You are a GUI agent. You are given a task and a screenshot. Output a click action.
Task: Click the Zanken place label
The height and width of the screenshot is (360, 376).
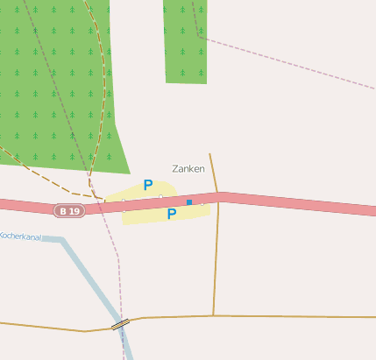[188, 168]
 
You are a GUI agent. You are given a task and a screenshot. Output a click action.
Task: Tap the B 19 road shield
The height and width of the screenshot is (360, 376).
[69, 211]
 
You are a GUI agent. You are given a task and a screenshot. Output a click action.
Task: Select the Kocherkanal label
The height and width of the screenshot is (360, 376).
[20, 236]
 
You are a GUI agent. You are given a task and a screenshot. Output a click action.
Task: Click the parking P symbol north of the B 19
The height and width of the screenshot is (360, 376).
[148, 186]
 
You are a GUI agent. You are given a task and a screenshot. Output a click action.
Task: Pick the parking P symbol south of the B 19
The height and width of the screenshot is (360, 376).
[172, 214]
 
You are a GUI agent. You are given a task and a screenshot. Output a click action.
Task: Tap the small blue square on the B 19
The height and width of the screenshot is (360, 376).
[189, 202]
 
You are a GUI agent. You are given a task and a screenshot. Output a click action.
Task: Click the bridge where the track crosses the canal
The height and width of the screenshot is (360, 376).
[120, 324]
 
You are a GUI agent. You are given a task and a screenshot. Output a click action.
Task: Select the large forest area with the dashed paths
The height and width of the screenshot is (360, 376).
[44, 88]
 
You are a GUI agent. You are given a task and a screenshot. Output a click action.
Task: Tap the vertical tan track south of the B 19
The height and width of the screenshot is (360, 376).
[215, 263]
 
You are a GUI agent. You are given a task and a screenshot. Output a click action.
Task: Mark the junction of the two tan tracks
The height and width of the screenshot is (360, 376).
[213, 315]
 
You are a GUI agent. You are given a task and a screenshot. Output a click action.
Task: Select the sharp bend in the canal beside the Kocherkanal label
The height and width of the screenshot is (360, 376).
[61, 239]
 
